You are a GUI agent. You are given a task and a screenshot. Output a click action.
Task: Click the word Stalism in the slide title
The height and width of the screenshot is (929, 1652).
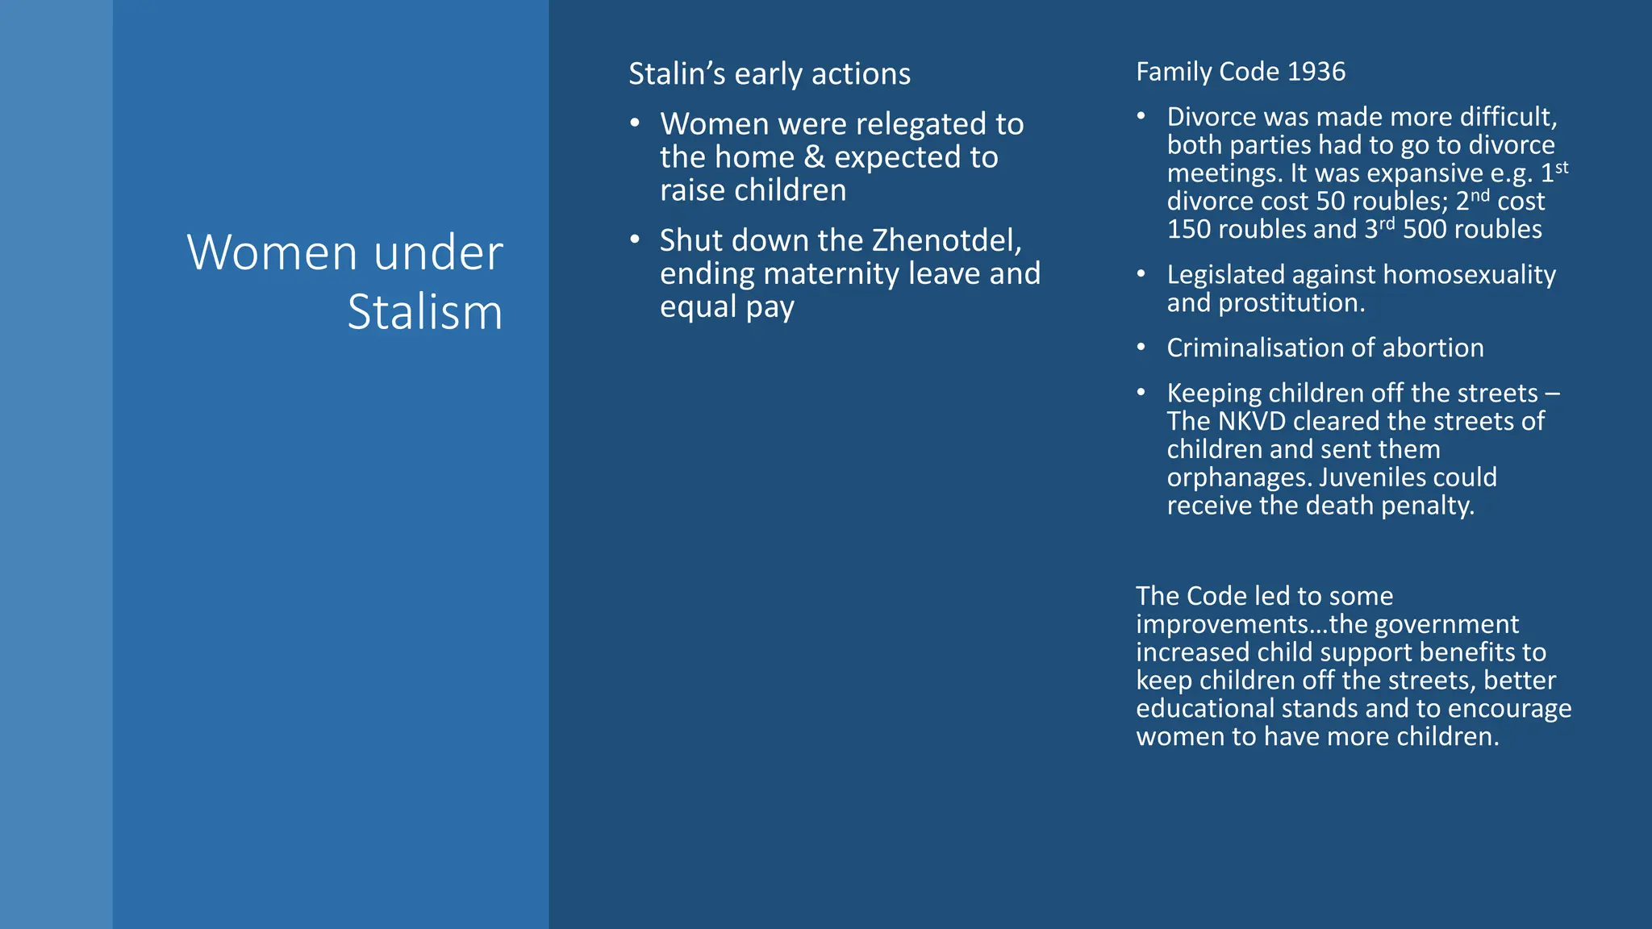tap(425, 312)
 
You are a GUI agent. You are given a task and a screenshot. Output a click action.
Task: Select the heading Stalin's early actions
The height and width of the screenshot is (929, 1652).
tap(770, 74)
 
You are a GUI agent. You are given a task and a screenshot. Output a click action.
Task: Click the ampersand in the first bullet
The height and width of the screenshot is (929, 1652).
tap(814, 157)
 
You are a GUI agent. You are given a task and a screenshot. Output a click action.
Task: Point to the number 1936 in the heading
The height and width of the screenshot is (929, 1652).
tap(1316, 72)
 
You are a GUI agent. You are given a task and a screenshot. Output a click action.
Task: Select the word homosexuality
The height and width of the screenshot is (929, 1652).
tap(1470, 275)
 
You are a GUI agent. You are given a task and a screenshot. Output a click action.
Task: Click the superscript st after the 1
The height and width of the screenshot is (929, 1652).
tap(1562, 168)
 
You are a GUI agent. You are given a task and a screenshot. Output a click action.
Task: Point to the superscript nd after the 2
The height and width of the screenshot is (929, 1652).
tap(1480, 196)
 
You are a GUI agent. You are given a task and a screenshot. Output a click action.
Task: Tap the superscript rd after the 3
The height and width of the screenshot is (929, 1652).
tap(1387, 224)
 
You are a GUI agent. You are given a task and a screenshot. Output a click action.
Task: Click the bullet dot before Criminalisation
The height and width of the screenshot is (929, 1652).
tap(1141, 348)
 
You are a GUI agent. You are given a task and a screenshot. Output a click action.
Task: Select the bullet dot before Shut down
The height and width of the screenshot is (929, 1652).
tap(635, 240)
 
